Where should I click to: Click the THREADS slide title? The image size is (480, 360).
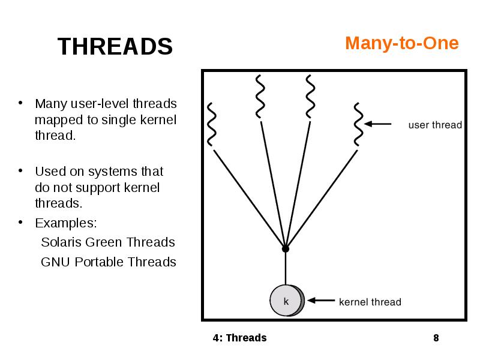click(x=115, y=46)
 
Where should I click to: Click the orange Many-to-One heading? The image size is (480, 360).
click(x=401, y=43)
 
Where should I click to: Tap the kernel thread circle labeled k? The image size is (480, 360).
click(x=286, y=301)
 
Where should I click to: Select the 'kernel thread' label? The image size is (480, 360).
click(x=370, y=302)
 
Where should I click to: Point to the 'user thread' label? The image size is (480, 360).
click(x=435, y=125)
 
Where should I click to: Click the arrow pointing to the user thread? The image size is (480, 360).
click(x=378, y=124)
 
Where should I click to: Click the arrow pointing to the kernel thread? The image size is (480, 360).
click(x=320, y=301)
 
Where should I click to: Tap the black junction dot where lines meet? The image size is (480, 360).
click(x=286, y=248)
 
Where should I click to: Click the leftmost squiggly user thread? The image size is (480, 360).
click(x=211, y=124)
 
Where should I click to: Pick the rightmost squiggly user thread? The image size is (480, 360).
click(x=357, y=124)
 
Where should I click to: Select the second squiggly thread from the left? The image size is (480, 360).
click(x=260, y=96)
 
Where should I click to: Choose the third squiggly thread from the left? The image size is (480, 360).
click(x=310, y=96)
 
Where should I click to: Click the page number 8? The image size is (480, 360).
click(x=436, y=338)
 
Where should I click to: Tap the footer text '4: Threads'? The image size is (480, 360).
click(x=239, y=338)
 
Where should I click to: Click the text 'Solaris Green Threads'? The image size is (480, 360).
click(x=107, y=242)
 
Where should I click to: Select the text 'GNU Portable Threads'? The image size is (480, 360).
click(x=108, y=262)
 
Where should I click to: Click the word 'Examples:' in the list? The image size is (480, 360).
click(x=66, y=223)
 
